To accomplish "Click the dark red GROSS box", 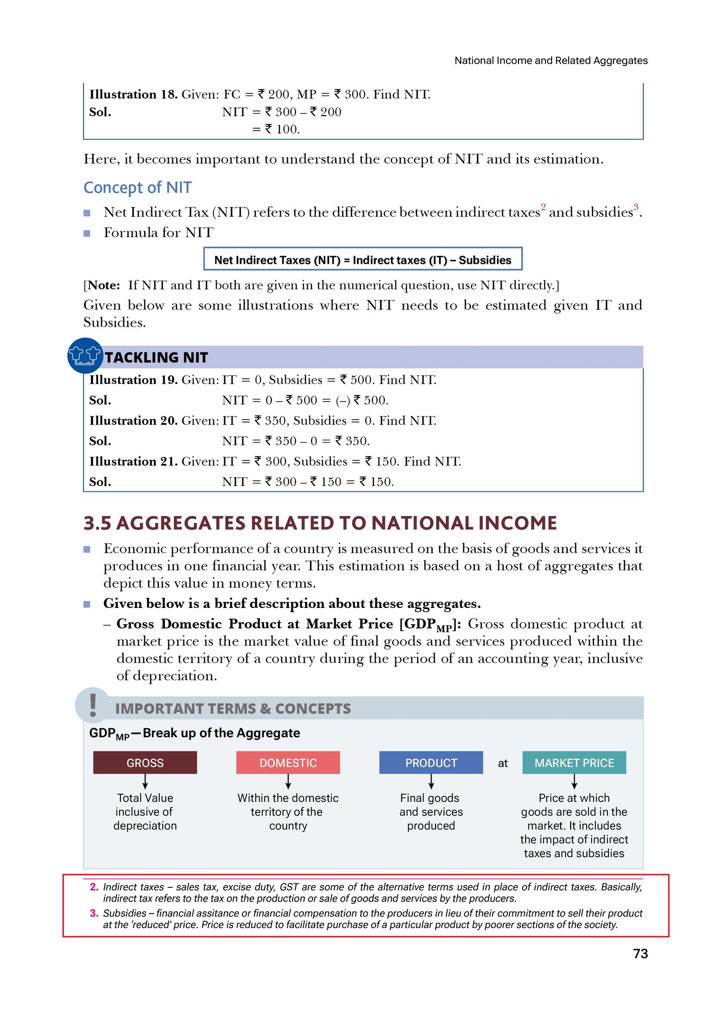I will [145, 763].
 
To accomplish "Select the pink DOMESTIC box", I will [288, 763].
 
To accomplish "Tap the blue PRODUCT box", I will [431, 763].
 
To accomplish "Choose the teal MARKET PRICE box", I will [574, 763].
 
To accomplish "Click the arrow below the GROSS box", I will [145, 781].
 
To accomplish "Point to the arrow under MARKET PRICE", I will [574, 781].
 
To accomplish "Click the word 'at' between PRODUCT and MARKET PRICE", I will [502, 763].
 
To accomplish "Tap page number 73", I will [640, 953].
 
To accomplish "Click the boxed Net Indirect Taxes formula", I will [362, 259].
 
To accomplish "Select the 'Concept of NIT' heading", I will [137, 187].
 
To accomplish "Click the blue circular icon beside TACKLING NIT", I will [85, 355].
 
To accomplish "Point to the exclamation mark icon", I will [92, 705].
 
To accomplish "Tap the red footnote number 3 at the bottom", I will [94, 913].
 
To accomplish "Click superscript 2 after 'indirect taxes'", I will [543, 207].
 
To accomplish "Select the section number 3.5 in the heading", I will [97, 523].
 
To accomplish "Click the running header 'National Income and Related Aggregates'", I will [551, 60].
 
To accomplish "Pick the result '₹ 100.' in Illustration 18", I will [282, 129].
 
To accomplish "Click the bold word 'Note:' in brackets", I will [104, 285].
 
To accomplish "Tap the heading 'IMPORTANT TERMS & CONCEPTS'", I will [233, 709].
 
